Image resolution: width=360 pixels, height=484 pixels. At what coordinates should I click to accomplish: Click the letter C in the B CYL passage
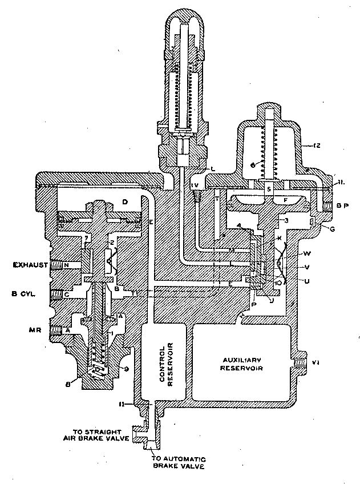coord(67,295)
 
